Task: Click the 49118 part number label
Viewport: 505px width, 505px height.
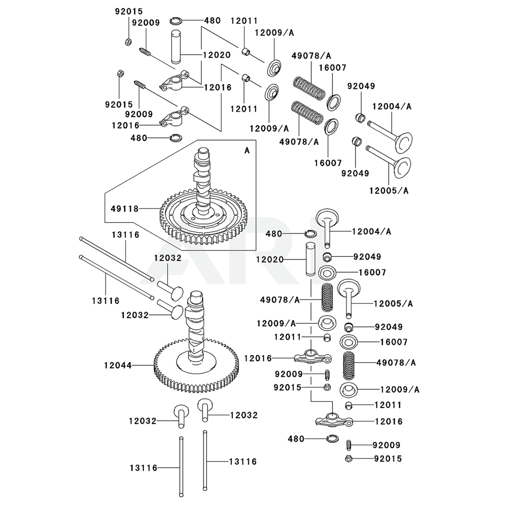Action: [x=124, y=208]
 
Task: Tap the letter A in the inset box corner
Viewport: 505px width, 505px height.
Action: [x=247, y=150]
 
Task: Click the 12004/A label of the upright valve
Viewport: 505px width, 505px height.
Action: [x=372, y=231]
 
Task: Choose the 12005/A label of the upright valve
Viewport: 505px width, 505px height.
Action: [x=393, y=304]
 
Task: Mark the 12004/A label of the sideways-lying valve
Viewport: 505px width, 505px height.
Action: [x=392, y=107]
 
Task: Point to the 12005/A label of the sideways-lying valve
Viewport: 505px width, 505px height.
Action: [x=388, y=190]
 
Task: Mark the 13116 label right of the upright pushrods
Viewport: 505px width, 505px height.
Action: [x=242, y=461]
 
